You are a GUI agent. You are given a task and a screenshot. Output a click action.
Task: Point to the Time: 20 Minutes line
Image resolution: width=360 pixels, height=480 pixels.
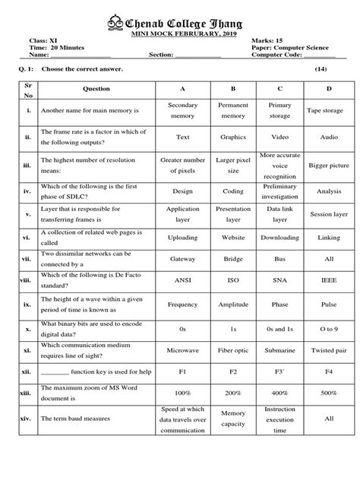pyautogui.click(x=60, y=48)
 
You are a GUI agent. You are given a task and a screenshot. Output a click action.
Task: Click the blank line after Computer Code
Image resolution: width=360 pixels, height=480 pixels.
pyautogui.click(x=320, y=55)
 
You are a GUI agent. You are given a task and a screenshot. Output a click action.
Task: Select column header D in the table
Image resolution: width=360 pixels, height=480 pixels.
pyautogui.click(x=329, y=89)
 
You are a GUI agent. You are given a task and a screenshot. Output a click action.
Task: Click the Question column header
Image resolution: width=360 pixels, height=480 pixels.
pyautogui.click(x=96, y=89)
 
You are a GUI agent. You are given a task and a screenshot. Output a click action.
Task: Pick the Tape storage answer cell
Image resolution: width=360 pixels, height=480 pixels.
pyautogui.click(x=329, y=111)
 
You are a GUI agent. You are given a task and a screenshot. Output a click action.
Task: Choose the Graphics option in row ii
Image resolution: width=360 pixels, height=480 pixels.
pyautogui.click(x=233, y=137)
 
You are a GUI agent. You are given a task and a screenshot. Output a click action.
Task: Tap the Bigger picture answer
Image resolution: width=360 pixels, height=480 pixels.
pyautogui.click(x=329, y=164)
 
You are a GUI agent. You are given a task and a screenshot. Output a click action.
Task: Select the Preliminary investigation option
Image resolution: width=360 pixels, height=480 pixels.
pyautogui.click(x=280, y=191)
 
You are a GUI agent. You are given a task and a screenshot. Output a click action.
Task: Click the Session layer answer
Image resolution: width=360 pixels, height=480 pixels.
pyautogui.click(x=329, y=214)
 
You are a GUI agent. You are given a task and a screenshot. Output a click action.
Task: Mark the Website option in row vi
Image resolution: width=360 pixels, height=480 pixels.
pyautogui.click(x=233, y=237)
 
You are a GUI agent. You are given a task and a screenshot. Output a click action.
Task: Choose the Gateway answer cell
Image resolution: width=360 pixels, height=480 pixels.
pyautogui.click(x=182, y=259)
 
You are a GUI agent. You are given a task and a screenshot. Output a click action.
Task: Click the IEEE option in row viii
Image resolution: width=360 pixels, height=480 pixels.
pyautogui.click(x=329, y=280)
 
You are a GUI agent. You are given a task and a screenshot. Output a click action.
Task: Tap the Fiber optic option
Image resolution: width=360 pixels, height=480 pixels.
pyautogui.click(x=233, y=352)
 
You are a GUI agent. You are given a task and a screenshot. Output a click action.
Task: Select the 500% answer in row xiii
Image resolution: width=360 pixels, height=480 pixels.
pyautogui.click(x=329, y=393)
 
